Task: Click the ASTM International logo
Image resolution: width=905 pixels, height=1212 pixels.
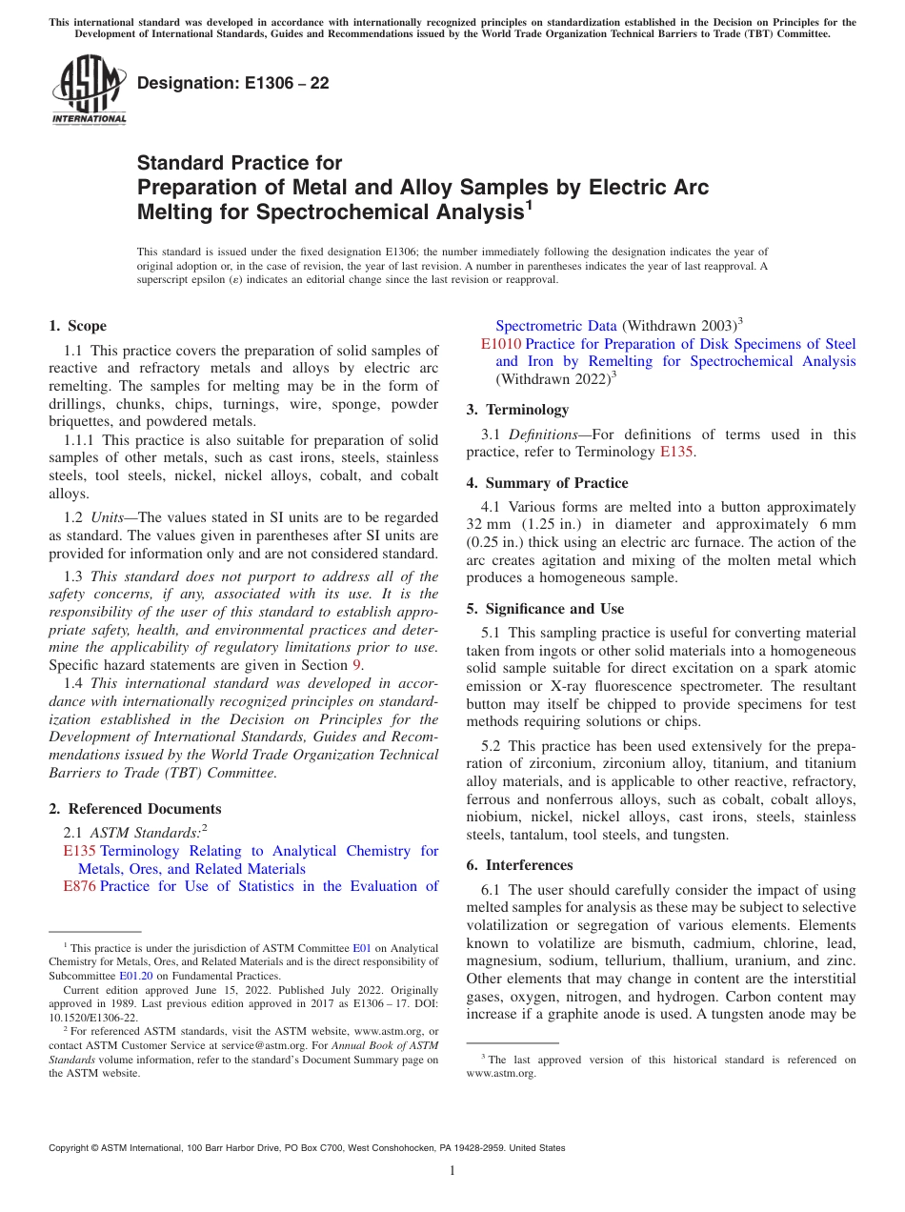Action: [x=89, y=91]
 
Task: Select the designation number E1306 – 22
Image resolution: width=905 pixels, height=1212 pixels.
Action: [x=233, y=84]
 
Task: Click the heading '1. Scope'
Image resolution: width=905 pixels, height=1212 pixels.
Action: [x=77, y=326]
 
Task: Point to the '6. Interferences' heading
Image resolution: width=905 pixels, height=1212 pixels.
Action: [x=519, y=865]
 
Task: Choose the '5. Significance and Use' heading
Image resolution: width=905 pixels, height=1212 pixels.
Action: [x=545, y=609]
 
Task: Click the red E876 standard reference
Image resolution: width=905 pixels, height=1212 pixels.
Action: [x=80, y=886]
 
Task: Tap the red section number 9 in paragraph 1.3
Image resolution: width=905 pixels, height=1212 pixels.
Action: [x=358, y=665]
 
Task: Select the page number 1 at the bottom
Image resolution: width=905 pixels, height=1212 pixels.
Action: [x=452, y=1171]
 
